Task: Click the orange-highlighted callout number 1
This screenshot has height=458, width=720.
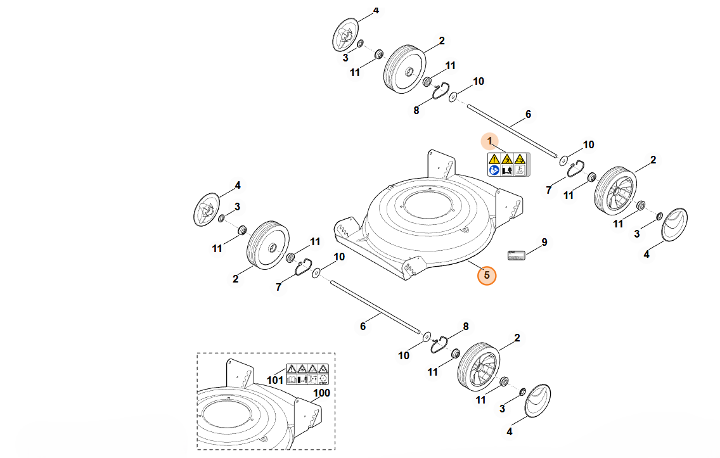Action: click(489, 140)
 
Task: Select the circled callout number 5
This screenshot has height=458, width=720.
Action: click(487, 276)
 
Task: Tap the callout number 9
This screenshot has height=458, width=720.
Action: click(544, 242)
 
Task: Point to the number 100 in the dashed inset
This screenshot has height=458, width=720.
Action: click(322, 393)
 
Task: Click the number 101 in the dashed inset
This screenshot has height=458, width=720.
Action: click(275, 380)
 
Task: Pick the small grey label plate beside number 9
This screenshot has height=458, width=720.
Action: click(516, 255)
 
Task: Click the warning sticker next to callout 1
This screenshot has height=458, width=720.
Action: click(508, 164)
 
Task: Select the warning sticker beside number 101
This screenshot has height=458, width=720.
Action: click(307, 374)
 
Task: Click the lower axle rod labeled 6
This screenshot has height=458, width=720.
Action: click(374, 308)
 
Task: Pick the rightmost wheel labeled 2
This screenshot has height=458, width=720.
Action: click(614, 189)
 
